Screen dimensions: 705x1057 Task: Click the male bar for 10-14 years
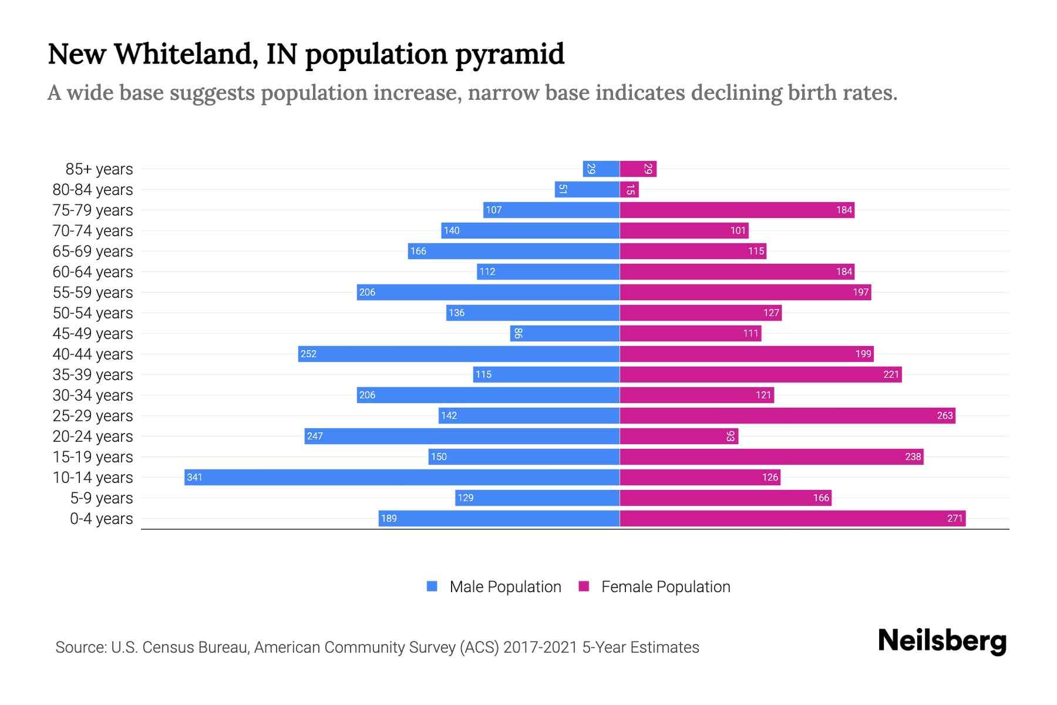[402, 477]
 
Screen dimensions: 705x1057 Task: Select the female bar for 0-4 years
[793, 518]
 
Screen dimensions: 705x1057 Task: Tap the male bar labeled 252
[459, 354]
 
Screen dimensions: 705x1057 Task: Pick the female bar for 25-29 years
[787, 415]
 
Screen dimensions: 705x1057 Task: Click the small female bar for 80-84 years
[630, 189]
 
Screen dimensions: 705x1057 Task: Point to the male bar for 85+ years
[601, 169]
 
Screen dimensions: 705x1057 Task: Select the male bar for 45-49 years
[565, 333]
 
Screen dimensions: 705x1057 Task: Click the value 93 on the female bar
[731, 436]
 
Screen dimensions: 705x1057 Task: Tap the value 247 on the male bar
[315, 436]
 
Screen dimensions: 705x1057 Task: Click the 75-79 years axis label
[93, 210]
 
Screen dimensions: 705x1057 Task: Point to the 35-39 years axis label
[93, 374]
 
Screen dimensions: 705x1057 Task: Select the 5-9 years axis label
[102, 498]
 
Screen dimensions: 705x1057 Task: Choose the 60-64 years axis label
[93, 271]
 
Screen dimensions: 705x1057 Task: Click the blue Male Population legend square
[432, 586]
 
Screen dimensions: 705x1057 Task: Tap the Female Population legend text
[665, 586]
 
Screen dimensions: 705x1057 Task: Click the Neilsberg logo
[942, 640]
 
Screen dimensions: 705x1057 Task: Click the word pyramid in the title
[510, 54]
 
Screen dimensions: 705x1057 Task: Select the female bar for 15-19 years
[772, 456]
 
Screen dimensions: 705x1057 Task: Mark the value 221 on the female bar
[891, 374]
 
